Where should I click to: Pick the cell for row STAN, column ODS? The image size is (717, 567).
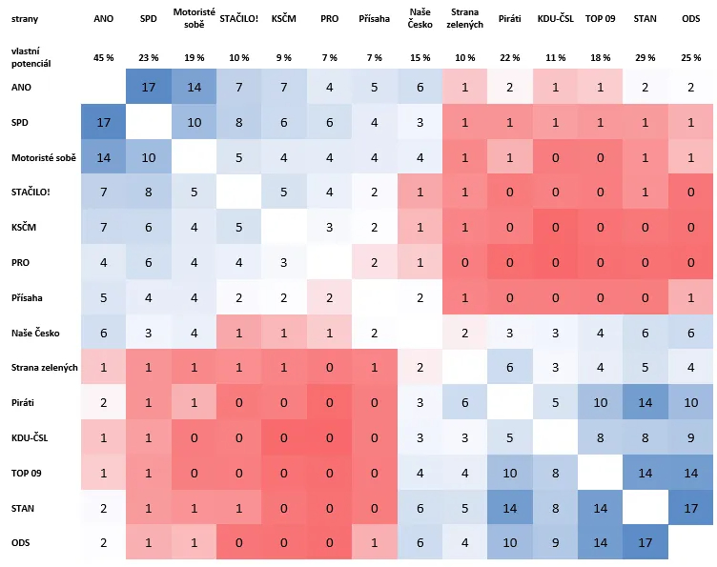[690, 510]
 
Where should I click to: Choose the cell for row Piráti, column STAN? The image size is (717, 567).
[645, 403]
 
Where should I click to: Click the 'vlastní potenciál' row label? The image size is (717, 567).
[31, 57]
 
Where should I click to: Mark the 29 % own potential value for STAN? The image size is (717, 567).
[645, 57]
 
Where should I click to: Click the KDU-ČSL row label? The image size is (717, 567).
[30, 438]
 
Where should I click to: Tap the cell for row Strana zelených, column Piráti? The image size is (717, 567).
[509, 368]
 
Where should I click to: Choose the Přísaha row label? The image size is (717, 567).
[27, 298]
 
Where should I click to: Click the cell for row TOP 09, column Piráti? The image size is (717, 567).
[509, 474]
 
